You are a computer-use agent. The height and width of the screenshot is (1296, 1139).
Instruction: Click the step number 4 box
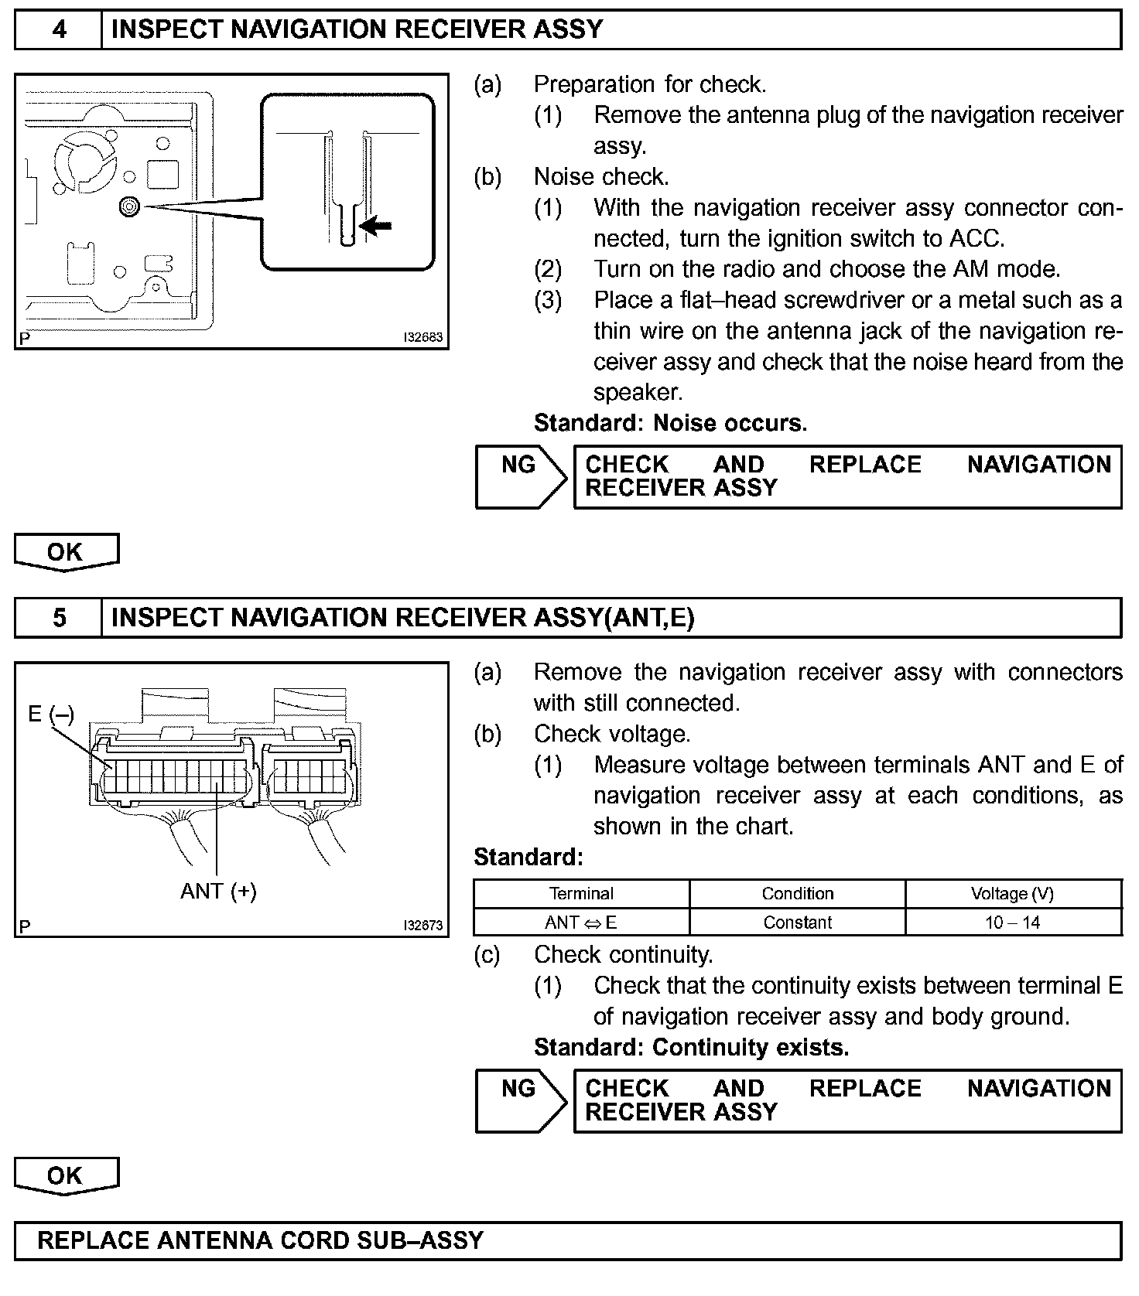point(59,29)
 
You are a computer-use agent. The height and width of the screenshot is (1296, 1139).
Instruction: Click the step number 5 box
point(59,617)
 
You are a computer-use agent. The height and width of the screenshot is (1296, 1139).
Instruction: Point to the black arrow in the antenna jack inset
point(378,226)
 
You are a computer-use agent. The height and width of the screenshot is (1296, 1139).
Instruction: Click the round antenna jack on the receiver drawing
point(129,206)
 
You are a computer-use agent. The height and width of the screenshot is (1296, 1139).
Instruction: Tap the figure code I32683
point(422,338)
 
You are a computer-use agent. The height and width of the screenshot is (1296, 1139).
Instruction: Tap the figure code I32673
point(422,926)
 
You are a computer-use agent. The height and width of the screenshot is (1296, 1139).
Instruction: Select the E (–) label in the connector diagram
point(51,713)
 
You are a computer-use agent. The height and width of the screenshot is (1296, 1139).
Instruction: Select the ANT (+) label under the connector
point(218,891)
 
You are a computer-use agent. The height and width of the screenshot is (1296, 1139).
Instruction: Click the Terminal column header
point(581,894)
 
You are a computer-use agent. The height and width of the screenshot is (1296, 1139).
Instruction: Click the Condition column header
point(798,894)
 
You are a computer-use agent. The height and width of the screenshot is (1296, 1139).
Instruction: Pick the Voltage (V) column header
point(1012,894)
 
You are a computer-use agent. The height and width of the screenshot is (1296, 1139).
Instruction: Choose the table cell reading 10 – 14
point(1012,923)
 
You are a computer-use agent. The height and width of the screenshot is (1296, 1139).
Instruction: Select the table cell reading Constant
point(798,923)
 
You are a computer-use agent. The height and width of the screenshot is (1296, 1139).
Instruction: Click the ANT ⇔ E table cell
point(581,923)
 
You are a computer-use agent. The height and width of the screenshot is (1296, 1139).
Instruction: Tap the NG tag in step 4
point(518,465)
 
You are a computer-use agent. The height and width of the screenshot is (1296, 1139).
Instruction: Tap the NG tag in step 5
point(518,1089)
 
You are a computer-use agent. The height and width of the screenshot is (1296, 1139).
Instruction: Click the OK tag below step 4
point(65,552)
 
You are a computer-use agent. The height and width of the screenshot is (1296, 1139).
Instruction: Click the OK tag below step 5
point(65,1175)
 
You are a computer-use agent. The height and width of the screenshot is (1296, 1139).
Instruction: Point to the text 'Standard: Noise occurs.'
point(670,423)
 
